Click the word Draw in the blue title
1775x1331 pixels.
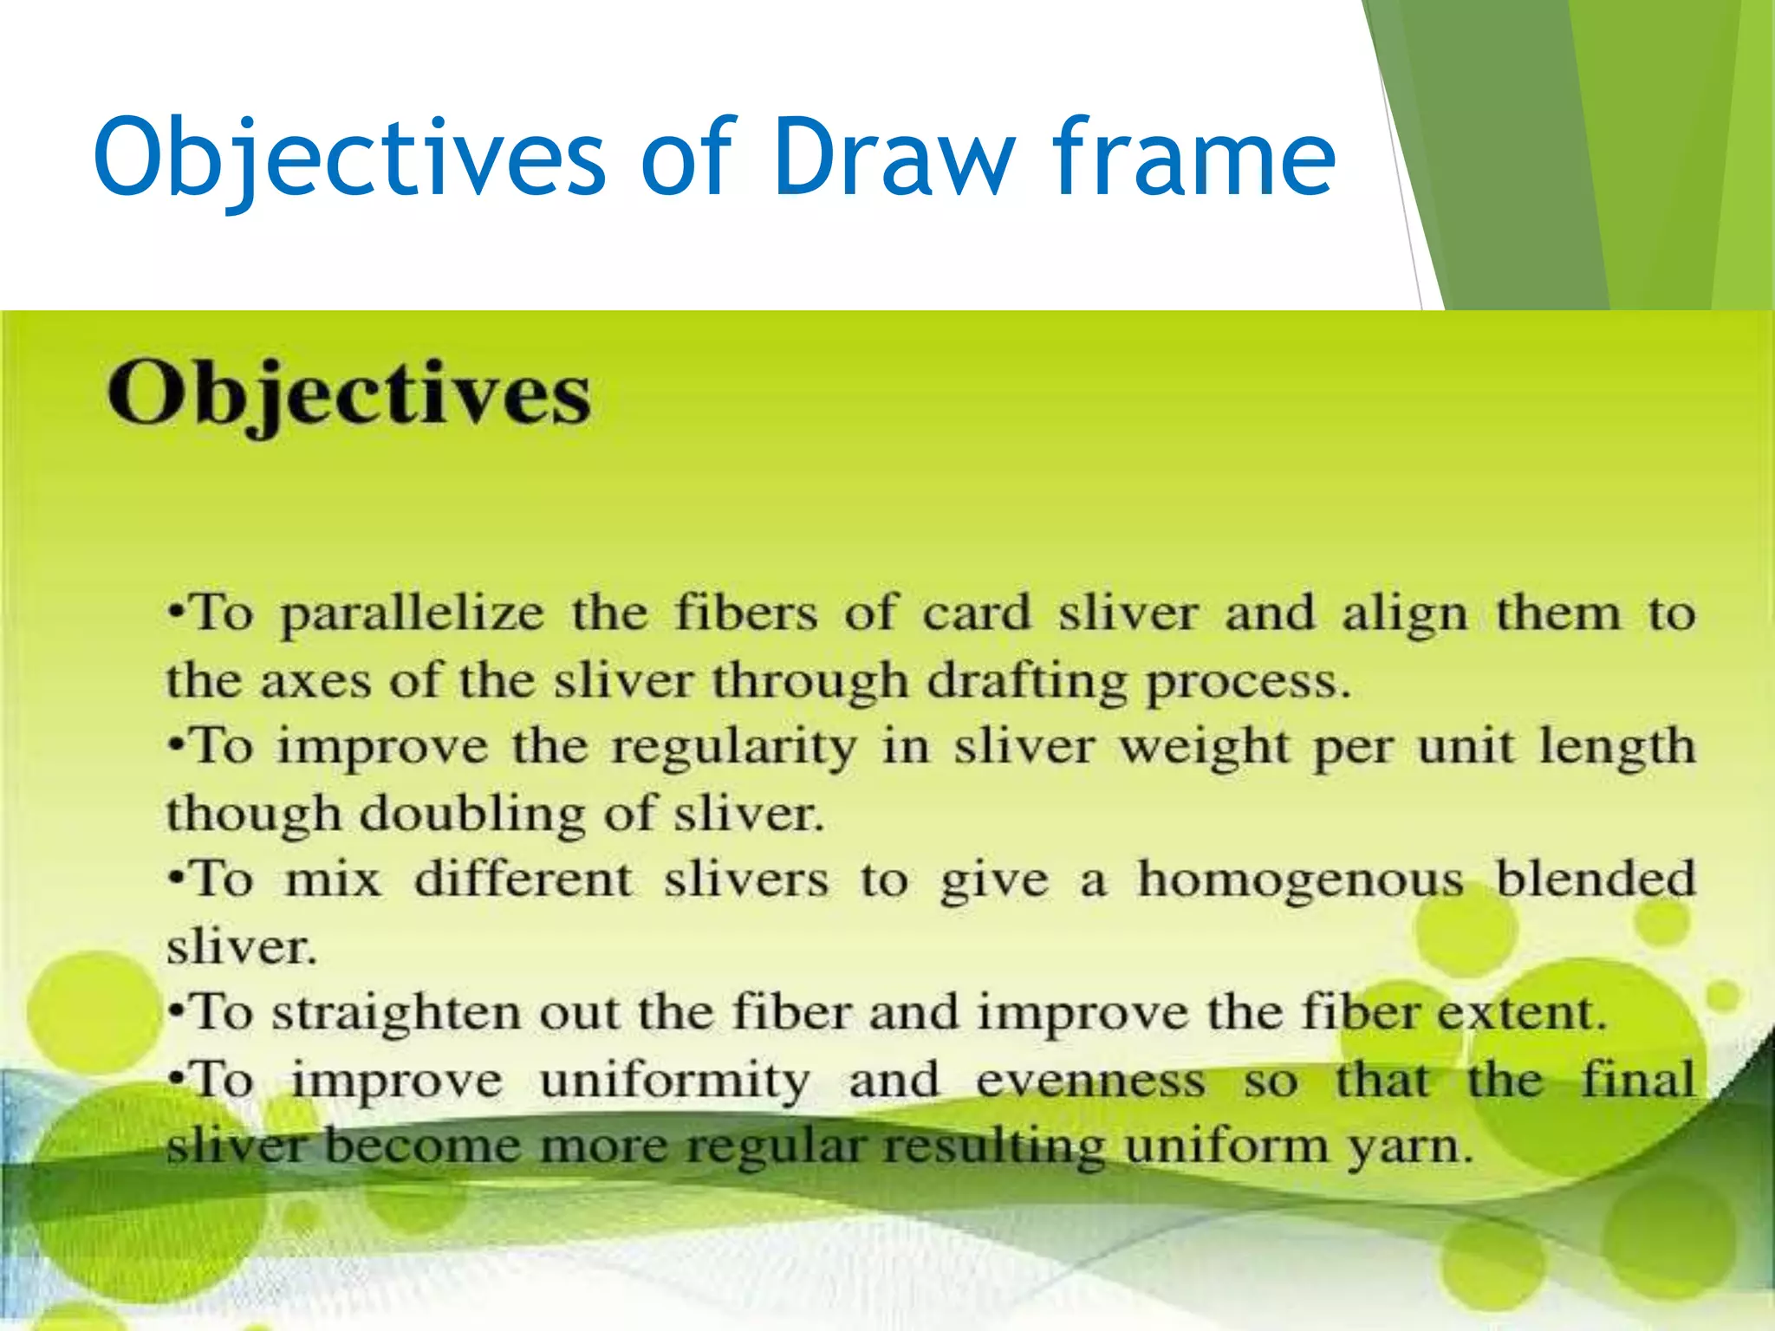click(x=894, y=158)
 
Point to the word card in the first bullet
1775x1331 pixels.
click(x=977, y=614)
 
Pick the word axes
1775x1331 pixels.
click(x=315, y=680)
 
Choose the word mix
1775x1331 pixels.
click(x=334, y=880)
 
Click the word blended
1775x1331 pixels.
click(x=1596, y=880)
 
